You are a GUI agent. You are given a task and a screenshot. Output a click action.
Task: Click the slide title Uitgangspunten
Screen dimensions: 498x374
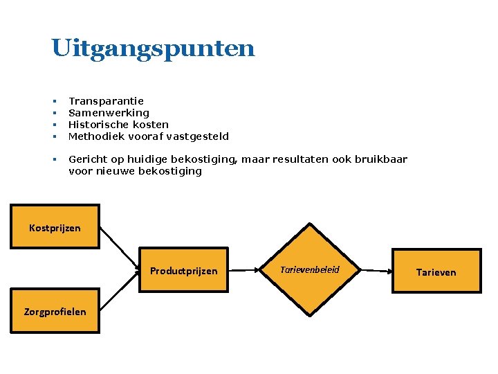coord(153,49)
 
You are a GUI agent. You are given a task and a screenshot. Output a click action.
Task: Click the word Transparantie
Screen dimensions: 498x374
coord(106,101)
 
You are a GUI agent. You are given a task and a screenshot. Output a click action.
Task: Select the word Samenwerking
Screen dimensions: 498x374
coord(109,113)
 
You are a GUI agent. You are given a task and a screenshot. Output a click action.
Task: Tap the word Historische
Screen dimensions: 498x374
coord(97,125)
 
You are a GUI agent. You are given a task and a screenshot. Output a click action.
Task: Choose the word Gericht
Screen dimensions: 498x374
coord(86,159)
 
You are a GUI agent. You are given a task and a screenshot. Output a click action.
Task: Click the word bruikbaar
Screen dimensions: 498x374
coord(380,159)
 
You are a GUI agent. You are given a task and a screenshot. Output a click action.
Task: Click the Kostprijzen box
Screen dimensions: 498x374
coord(55,227)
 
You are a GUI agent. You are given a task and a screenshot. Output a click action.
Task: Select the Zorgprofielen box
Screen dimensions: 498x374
coord(55,311)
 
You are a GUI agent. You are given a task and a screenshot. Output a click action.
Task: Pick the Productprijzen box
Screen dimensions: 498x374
coord(183,271)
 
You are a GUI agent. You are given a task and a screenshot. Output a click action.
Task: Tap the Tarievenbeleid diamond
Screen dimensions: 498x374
coord(310,269)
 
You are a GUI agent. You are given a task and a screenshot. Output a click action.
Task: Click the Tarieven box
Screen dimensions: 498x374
coord(436,271)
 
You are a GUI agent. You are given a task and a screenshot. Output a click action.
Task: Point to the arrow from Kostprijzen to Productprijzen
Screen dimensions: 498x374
coord(119,248)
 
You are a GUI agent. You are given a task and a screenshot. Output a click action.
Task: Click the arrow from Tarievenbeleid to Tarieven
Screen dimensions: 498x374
coord(375,271)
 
